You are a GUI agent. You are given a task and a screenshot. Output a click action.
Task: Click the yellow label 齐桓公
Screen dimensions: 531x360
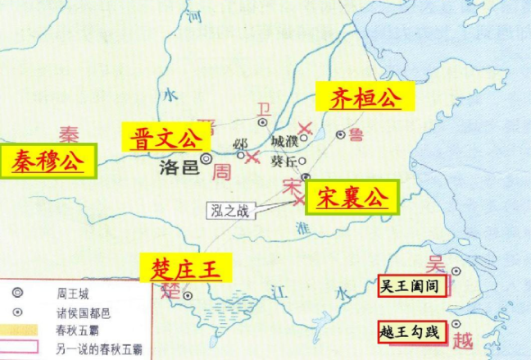(x=365, y=99)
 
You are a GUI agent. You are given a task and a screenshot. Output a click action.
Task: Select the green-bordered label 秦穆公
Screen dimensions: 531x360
(x=48, y=161)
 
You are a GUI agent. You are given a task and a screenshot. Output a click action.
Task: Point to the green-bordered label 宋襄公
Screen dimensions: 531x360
(x=352, y=198)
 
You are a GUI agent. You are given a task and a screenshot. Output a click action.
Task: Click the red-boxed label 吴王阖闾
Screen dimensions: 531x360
(x=412, y=287)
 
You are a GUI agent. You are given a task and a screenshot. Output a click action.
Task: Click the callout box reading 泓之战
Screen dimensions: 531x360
(x=231, y=211)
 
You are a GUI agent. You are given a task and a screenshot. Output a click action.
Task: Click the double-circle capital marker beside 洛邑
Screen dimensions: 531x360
(x=206, y=157)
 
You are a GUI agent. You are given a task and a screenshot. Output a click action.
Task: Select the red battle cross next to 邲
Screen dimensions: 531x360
(x=252, y=156)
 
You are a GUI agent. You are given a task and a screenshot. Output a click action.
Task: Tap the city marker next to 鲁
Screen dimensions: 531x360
(x=341, y=134)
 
